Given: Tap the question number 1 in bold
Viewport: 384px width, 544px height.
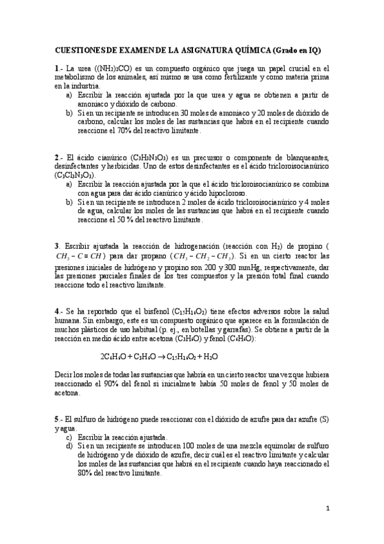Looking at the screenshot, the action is coord(56,69).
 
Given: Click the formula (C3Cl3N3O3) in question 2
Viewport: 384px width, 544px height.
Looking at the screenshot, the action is coord(75,174).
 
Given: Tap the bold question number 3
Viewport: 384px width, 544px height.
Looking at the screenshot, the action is coord(56,246).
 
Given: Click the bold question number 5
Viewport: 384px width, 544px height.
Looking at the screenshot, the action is coord(56,419).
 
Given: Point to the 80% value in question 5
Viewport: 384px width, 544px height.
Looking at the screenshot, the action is coord(85,473).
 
